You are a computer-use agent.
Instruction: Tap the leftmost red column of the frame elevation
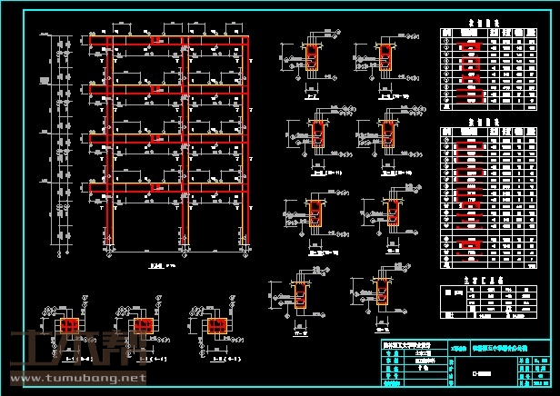[109, 136]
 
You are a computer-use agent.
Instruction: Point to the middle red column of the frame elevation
[186, 136]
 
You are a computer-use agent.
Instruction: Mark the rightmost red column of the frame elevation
[248, 136]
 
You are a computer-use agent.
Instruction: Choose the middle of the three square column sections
[140, 325]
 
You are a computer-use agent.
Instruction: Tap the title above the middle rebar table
[485, 121]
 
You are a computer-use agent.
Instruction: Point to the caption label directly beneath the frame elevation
[155, 266]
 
